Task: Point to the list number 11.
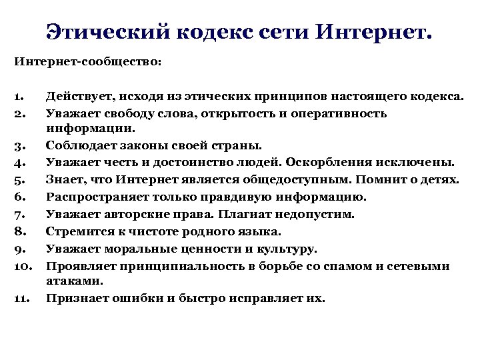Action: pyautogui.click(x=20, y=299)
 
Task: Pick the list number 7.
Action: pyautogui.click(x=19, y=215)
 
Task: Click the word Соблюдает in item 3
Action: pyautogui.click(x=76, y=144)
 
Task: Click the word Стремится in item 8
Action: pyautogui.click(x=73, y=232)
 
